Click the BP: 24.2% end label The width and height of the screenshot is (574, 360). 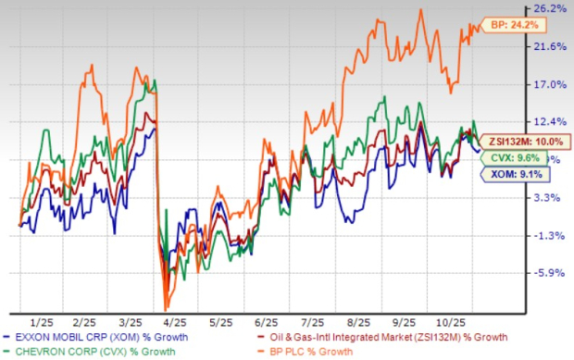pyautogui.click(x=513, y=25)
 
